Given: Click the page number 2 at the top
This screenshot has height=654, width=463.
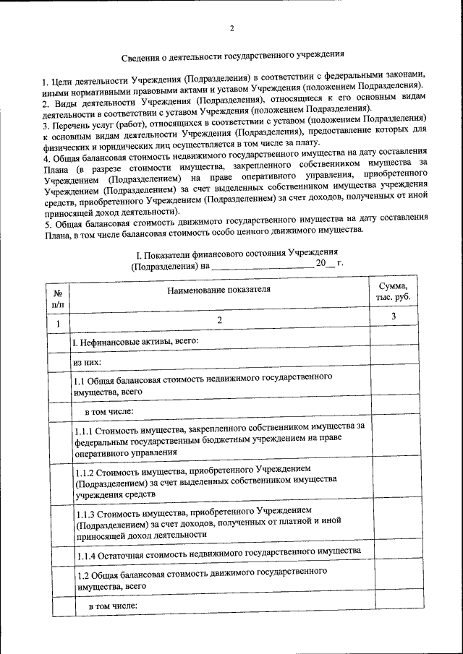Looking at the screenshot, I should pyautogui.click(x=231, y=29).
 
